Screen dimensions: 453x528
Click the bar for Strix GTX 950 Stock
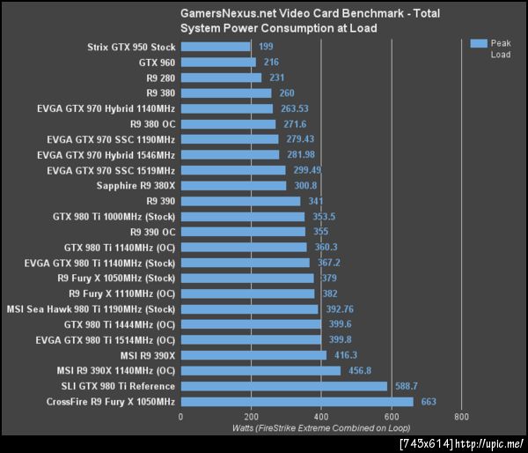[x=215, y=47]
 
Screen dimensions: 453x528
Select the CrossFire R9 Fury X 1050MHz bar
[x=297, y=402]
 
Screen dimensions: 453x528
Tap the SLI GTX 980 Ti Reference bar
[x=283, y=386]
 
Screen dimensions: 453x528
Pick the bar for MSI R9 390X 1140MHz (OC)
[x=260, y=371]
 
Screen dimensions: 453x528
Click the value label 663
[x=429, y=402]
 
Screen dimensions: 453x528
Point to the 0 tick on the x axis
[x=180, y=416]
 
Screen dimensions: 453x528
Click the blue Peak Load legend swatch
[x=478, y=43]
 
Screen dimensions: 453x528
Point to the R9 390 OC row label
[x=152, y=232]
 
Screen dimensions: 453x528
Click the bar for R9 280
[x=221, y=78]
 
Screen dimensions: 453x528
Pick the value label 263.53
[x=297, y=108]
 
